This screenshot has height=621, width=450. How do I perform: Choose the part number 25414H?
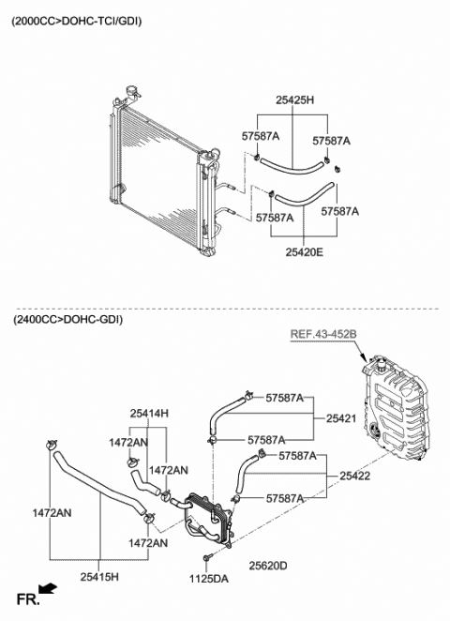click(149, 413)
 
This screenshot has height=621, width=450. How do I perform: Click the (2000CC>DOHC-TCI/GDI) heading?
click(77, 20)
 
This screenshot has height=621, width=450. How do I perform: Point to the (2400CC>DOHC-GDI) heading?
click(67, 320)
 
